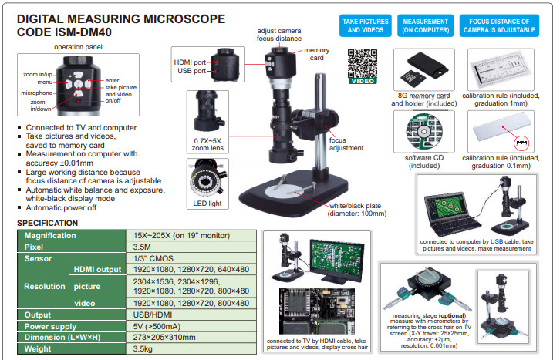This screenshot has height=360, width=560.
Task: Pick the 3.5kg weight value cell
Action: click(185, 348)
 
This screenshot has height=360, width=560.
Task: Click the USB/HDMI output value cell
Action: click(185, 315)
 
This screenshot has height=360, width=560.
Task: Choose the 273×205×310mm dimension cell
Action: click(185, 337)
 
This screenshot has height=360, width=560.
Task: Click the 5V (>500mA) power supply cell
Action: click(185, 326)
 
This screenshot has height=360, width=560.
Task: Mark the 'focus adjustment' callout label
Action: click(346, 143)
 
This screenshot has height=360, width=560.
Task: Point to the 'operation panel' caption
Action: click(76, 46)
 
